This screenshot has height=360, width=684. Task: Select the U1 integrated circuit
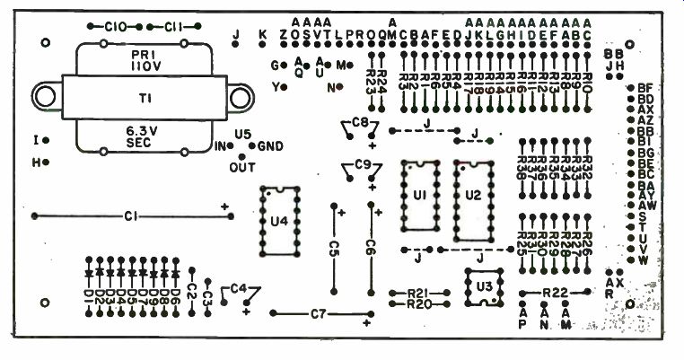point(419,198)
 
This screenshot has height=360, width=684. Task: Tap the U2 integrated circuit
point(474,200)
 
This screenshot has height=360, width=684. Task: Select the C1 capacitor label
point(131,216)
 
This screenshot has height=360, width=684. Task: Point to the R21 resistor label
point(418,294)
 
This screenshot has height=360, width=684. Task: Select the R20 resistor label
point(418,304)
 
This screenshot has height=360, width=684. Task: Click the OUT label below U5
point(243,167)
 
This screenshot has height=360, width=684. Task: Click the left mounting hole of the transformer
point(44,96)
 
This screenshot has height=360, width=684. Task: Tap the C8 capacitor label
point(361,121)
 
